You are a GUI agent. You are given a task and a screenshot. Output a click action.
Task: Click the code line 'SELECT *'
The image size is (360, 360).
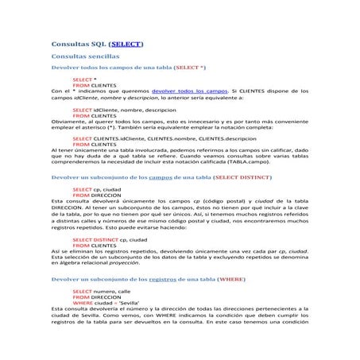pos(84,80)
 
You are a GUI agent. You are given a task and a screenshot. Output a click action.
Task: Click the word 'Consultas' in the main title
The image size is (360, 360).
pos(72,45)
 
